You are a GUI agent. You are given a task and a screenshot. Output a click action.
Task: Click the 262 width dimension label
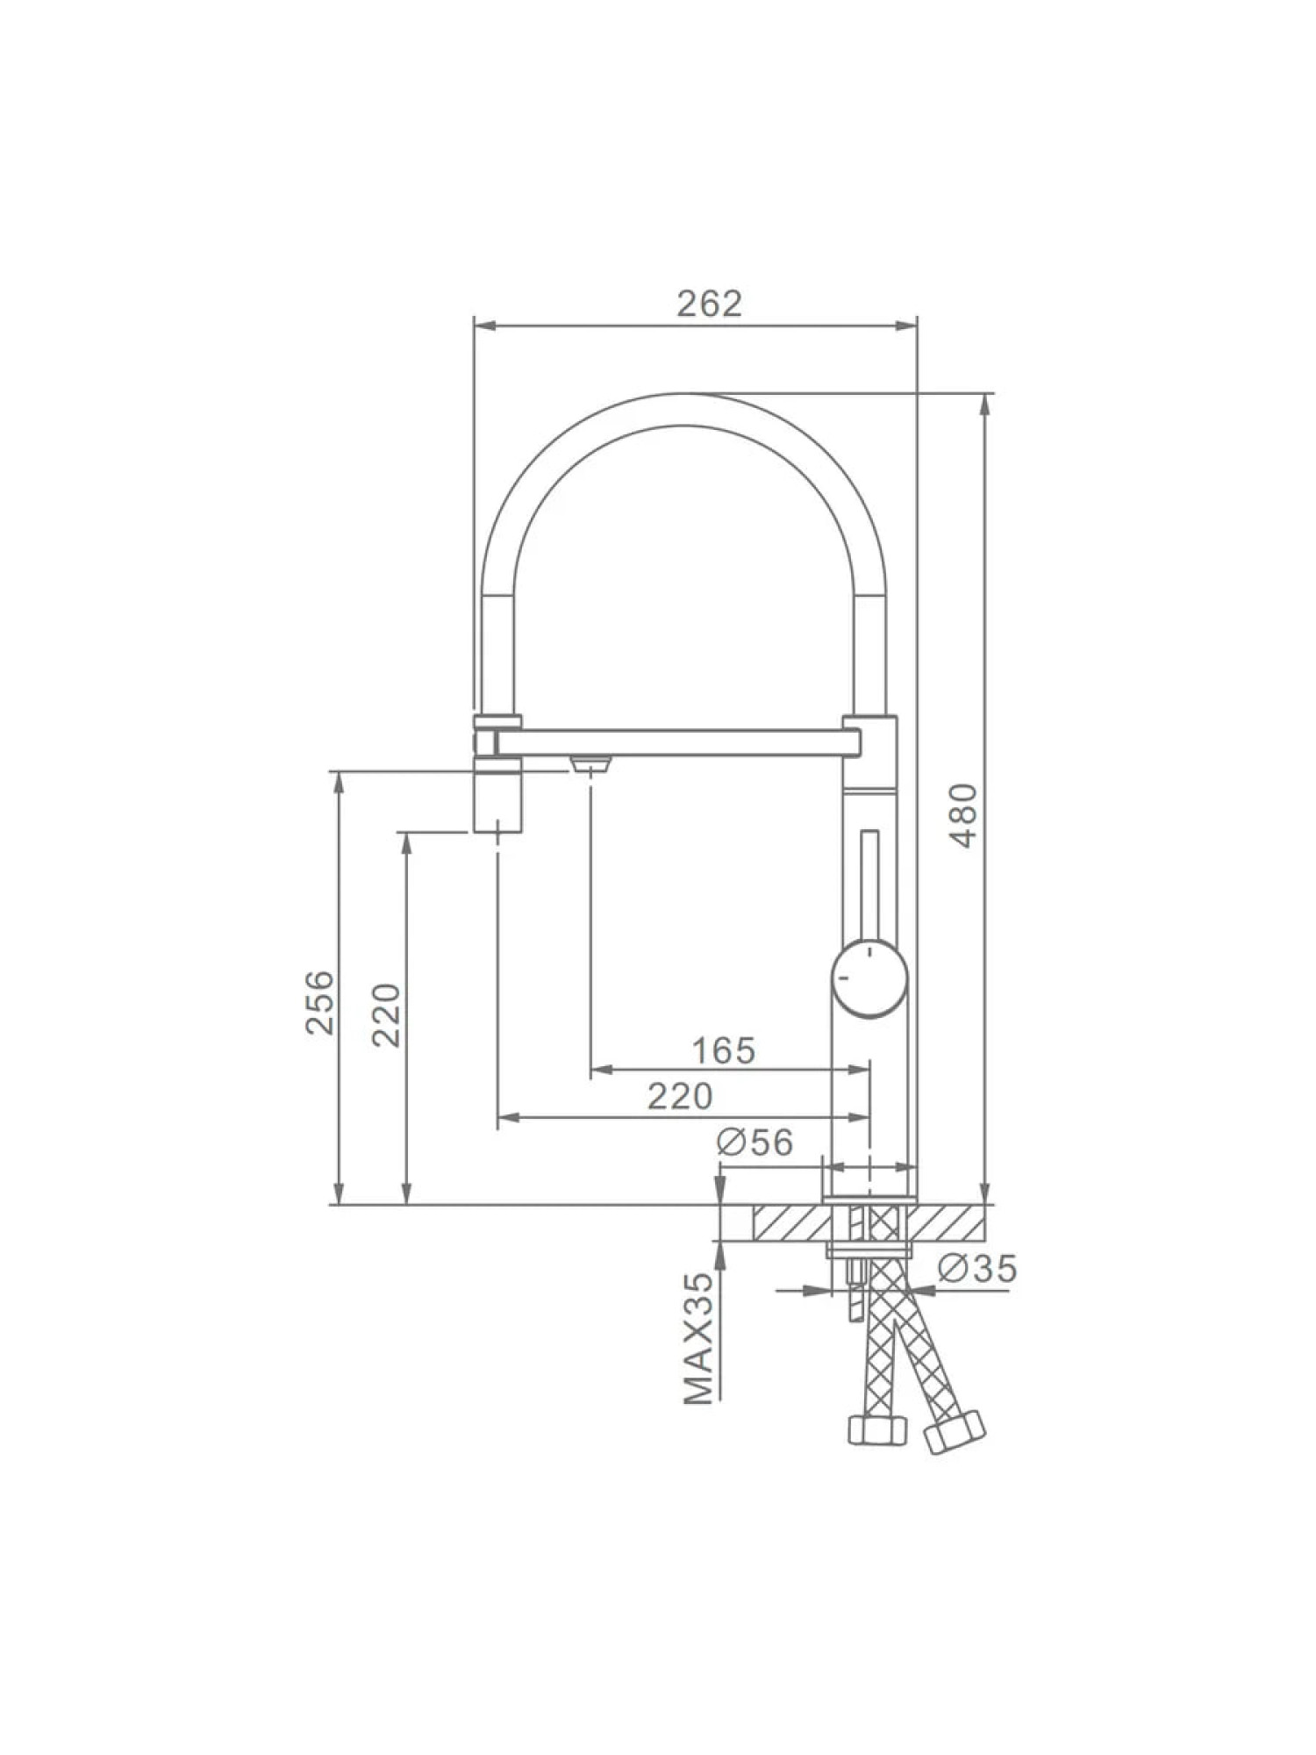point(709,304)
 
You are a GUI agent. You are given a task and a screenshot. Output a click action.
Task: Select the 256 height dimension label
point(320,1002)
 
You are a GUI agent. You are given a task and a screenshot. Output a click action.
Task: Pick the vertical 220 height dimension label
point(386,1015)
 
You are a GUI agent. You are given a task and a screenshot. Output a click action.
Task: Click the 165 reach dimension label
point(723,1050)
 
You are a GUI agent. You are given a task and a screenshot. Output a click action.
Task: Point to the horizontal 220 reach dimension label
point(680,1096)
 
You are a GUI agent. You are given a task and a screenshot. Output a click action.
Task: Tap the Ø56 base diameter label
point(755,1143)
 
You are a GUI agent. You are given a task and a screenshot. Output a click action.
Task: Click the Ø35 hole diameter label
point(976,1268)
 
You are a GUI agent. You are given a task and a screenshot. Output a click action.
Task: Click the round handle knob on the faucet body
point(869,978)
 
